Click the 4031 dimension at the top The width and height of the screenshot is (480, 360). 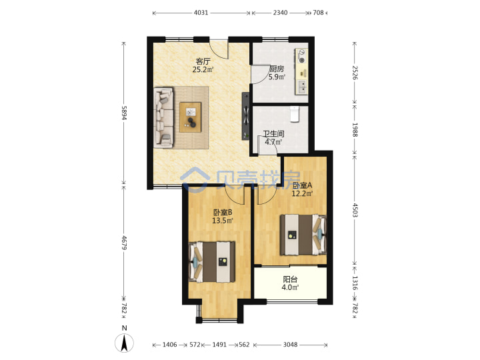click(x=201, y=13)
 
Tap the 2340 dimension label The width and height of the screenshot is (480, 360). click(x=280, y=13)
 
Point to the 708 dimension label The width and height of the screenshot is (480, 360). click(x=318, y=13)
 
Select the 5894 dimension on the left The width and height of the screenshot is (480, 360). click(x=124, y=113)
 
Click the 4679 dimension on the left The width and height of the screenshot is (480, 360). click(x=124, y=243)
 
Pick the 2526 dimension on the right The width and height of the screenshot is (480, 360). click(x=355, y=73)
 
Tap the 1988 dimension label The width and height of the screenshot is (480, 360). click(x=355, y=130)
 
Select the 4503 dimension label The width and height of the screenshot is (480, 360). click(x=355, y=210)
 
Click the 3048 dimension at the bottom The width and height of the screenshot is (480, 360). click(x=290, y=345)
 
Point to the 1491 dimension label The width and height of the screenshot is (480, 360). click(x=219, y=345)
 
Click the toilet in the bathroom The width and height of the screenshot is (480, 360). click(x=295, y=114)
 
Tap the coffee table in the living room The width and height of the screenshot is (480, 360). click(x=191, y=117)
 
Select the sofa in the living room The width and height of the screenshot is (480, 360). click(x=163, y=117)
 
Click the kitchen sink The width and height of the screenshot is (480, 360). click(x=302, y=87)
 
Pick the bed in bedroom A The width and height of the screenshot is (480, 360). click(x=303, y=235)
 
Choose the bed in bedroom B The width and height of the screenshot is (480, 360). click(x=211, y=262)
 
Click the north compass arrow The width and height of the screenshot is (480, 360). click(x=124, y=343)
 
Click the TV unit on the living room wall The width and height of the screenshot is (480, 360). click(x=245, y=116)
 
